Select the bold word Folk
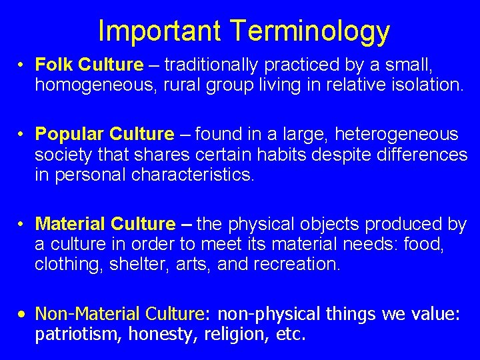pyautogui.click(x=54, y=65)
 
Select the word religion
pyautogui.click(x=223, y=334)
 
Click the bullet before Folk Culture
pyautogui.click(x=22, y=65)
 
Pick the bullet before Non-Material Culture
pyautogui.click(x=22, y=314)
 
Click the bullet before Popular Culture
pyautogui.click(x=22, y=135)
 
